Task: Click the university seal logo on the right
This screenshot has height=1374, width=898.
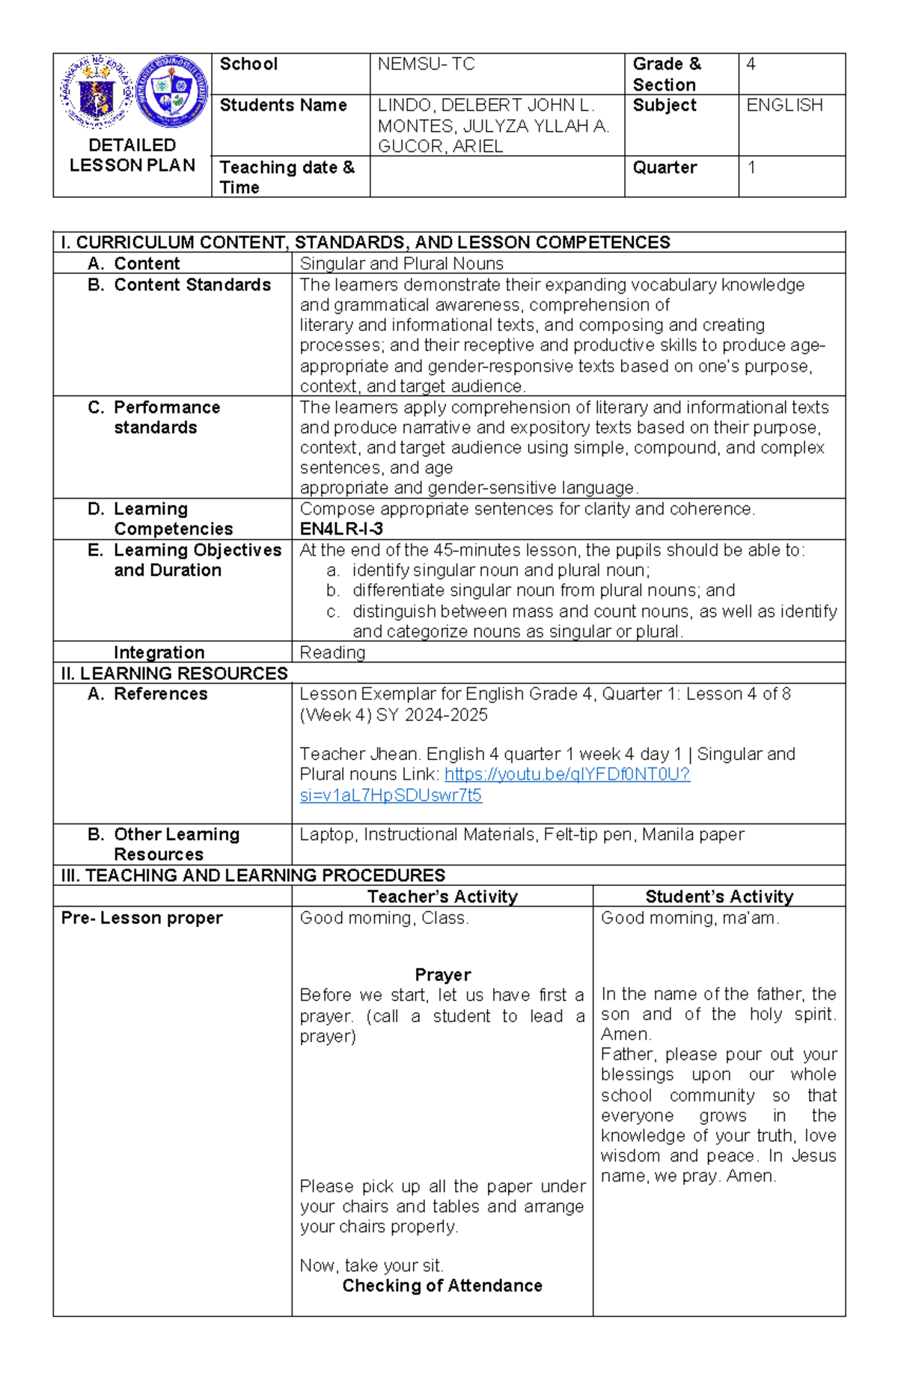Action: pos(173,91)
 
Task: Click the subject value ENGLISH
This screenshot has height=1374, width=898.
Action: pos(784,106)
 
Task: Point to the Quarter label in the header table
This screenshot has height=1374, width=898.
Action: pos(665,168)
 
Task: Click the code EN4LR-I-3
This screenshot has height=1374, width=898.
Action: pos(341,529)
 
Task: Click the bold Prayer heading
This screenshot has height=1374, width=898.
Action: pos(442,975)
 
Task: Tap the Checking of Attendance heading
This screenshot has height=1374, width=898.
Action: pos(442,1286)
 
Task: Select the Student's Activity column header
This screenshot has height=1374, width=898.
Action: pos(719,897)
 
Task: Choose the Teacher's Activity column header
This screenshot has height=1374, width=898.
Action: pos(442,897)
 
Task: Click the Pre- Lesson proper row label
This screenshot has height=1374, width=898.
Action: pos(142,918)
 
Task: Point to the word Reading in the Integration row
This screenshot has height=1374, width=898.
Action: pos(332,653)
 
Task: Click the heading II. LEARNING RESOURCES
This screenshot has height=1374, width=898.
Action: pos(174,674)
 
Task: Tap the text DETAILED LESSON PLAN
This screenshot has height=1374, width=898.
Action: pos(132,156)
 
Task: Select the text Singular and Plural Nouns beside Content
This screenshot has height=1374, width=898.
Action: pos(401,264)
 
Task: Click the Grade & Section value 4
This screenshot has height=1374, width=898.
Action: pos(751,64)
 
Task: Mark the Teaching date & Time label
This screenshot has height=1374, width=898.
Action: pos(287,177)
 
